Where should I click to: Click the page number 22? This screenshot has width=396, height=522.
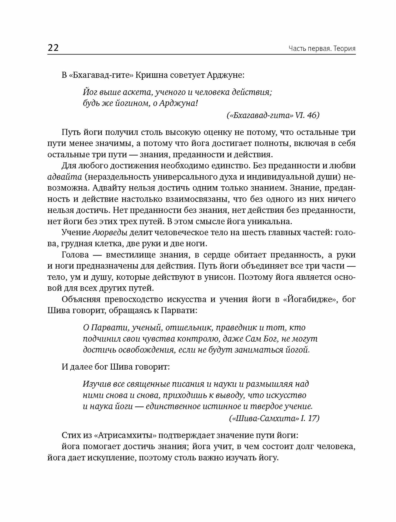pyautogui.click(x=53, y=48)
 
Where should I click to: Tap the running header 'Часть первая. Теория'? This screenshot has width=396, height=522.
pyautogui.click(x=322, y=49)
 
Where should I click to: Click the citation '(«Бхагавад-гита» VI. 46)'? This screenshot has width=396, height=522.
pyautogui.click(x=273, y=115)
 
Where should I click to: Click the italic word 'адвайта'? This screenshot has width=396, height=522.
pyautogui.click(x=65, y=177)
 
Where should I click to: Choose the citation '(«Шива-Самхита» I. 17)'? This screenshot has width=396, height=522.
pyautogui.click(x=274, y=418)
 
